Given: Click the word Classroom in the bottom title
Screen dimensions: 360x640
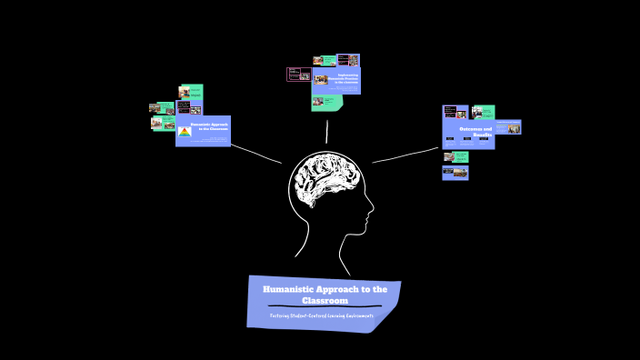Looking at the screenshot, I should [x=325, y=300].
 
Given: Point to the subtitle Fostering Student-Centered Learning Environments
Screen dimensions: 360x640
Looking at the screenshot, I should [x=322, y=315].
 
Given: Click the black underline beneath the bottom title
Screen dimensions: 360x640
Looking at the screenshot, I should [x=325, y=306].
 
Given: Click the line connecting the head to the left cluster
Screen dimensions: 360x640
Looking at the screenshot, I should [x=255, y=155].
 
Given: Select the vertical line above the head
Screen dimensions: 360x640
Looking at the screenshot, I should [x=327, y=133].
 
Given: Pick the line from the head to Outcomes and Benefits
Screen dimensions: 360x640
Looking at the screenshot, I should [x=405, y=155].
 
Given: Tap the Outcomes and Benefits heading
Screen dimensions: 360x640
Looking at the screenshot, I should [x=475, y=131].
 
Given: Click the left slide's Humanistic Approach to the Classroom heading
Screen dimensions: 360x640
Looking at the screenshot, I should [x=208, y=125].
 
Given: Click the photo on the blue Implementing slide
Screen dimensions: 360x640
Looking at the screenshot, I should [x=321, y=79].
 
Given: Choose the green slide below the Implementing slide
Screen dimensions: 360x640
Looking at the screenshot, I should [x=327, y=103].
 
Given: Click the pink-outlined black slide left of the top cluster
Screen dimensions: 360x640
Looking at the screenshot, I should [x=299, y=75].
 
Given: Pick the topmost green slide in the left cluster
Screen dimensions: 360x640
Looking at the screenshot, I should [x=192, y=92].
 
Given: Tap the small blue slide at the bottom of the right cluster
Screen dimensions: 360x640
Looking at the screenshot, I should [x=455, y=172].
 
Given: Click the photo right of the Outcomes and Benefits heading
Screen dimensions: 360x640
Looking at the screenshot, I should [x=514, y=128].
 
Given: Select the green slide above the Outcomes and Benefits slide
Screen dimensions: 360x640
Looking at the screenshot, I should [x=483, y=112].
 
